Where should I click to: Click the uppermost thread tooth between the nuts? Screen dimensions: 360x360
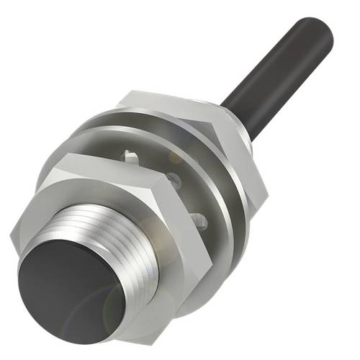[130, 155]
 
